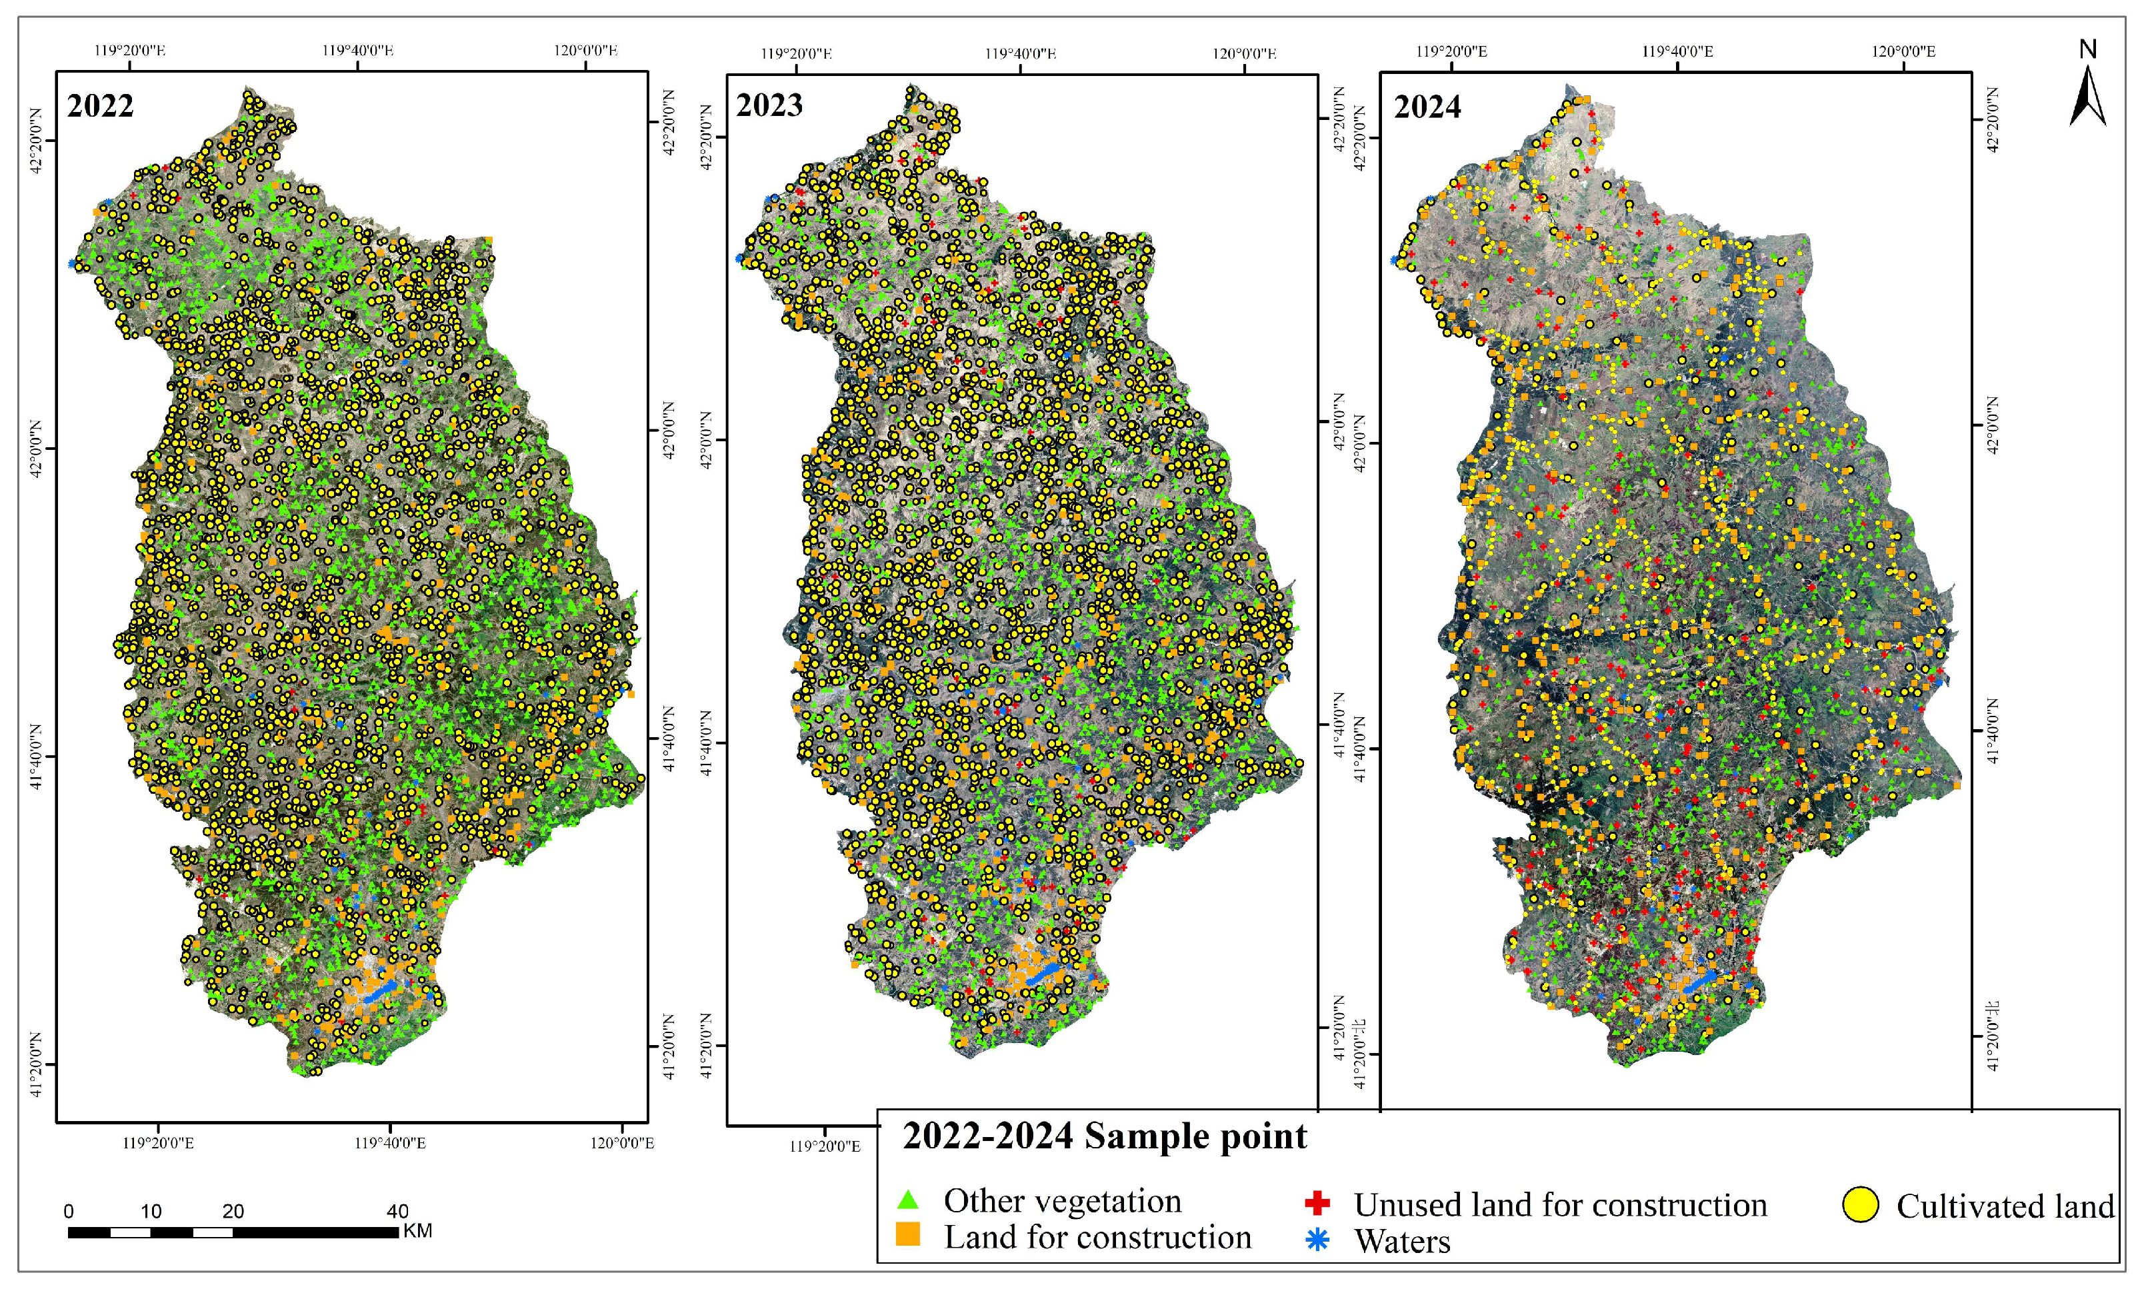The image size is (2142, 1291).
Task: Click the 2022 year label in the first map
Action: tap(100, 106)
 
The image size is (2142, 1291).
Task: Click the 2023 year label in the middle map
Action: tap(769, 105)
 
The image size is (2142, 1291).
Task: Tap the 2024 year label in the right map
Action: tap(1427, 107)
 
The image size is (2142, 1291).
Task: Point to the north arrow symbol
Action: tap(2087, 97)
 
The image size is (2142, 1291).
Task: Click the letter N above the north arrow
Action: tap(2088, 49)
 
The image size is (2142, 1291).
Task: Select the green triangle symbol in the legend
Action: tap(907, 1200)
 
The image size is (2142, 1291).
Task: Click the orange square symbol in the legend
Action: tap(907, 1234)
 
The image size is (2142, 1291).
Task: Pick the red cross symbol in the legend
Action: tap(1317, 1203)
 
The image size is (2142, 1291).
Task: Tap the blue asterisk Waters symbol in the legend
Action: tap(1318, 1240)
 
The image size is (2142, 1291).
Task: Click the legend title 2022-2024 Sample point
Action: tap(1104, 1136)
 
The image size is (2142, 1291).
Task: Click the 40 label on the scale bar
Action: tap(397, 1211)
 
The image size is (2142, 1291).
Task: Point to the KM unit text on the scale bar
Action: tap(417, 1231)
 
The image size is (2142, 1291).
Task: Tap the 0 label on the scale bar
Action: tap(69, 1212)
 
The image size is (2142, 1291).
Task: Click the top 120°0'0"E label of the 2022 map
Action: tap(586, 51)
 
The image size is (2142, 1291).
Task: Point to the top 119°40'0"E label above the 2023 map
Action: tap(1020, 54)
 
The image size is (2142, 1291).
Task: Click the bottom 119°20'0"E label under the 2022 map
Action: tap(158, 1142)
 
